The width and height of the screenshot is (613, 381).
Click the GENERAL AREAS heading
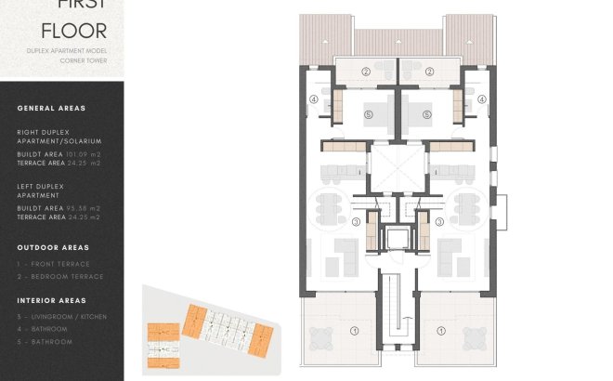[x=51, y=109]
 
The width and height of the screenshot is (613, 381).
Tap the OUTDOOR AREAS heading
[x=53, y=248]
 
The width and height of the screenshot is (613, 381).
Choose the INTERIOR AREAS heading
[x=51, y=301]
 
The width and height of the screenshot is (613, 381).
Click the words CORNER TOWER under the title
[x=87, y=60]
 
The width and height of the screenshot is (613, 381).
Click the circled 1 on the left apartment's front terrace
[x=353, y=330]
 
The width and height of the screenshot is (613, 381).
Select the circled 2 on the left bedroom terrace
[x=366, y=72]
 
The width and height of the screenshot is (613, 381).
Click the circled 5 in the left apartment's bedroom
[x=369, y=114]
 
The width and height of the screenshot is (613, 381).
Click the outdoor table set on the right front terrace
[x=463, y=335]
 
